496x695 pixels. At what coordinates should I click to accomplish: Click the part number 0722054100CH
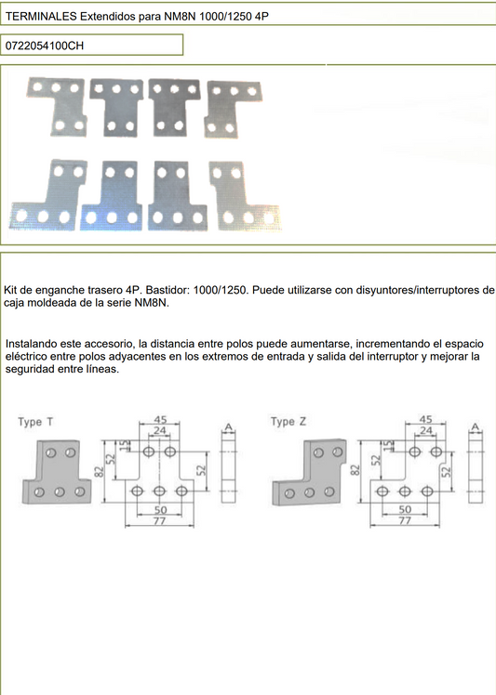[x=45, y=46]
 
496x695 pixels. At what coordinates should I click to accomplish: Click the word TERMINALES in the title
[x=40, y=17]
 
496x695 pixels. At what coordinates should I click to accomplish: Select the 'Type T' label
[x=35, y=422]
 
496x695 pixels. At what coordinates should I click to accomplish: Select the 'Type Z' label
[x=288, y=422]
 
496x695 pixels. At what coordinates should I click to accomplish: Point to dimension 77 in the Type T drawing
[x=158, y=522]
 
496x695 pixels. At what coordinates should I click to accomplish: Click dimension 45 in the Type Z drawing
[x=426, y=420]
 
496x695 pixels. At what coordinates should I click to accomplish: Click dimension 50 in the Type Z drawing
[x=404, y=510]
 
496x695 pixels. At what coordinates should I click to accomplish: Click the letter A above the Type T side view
[x=227, y=427]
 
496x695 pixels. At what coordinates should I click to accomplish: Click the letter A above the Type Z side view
[x=475, y=427]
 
